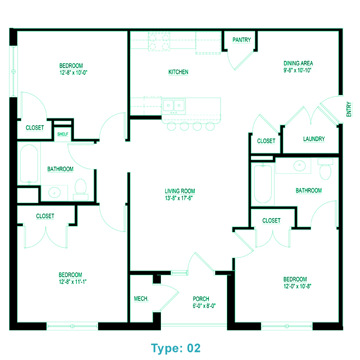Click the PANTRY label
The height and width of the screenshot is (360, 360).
coord(242,40)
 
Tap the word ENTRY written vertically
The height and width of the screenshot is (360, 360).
coord(349,109)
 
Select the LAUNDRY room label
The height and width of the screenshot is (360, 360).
coord(314,139)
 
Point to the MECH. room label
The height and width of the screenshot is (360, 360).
coord(141,299)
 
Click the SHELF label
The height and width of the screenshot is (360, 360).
coord(63,134)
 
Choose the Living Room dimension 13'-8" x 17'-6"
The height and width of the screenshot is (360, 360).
coord(180,198)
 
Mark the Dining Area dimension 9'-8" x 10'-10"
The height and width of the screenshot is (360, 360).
coord(298,70)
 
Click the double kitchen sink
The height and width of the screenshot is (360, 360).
coord(174,106)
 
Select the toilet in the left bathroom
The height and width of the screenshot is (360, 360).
coord(81,188)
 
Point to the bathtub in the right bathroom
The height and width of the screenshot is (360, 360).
coord(263,184)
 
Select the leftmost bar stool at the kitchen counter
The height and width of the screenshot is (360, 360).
coord(171,126)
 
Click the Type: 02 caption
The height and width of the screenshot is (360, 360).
coord(176,348)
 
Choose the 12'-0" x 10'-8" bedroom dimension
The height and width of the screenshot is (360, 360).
coord(295,286)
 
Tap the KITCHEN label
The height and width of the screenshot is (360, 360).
coord(178,72)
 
